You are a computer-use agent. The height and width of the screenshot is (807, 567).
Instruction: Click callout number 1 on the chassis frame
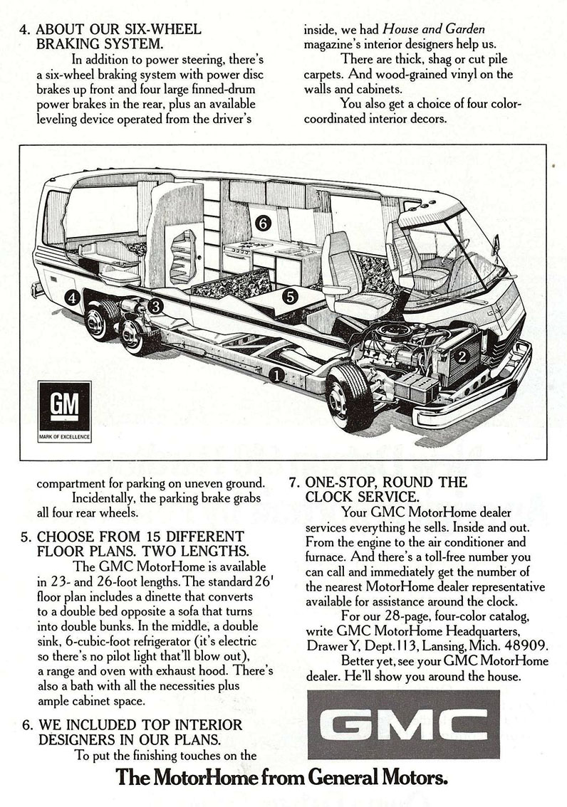[x=276, y=376]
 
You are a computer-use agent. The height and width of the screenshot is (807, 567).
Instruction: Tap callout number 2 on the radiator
[x=462, y=356]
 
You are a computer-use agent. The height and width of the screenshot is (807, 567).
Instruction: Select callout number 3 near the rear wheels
[x=155, y=306]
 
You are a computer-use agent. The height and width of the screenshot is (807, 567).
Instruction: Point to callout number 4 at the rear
[x=73, y=297]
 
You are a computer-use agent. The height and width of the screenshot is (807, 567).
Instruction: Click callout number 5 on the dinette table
[x=291, y=297]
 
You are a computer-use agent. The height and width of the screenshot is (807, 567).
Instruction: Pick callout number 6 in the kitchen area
[x=263, y=223]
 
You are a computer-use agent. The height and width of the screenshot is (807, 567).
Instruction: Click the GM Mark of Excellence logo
[x=65, y=411]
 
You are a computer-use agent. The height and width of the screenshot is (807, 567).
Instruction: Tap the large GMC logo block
[x=403, y=724]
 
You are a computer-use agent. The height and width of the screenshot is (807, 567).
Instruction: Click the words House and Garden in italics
[x=434, y=29]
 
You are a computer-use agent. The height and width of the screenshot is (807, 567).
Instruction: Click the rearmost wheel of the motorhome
[x=99, y=320]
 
